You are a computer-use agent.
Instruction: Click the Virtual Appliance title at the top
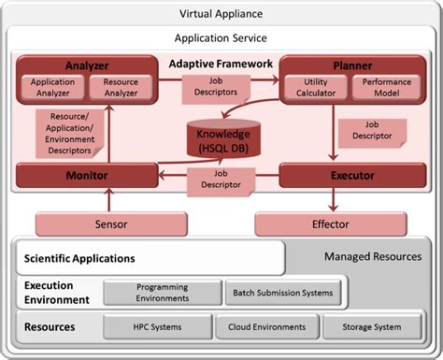click(221, 13)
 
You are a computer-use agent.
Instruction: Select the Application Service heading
click(221, 38)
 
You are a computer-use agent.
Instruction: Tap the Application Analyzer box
click(51, 88)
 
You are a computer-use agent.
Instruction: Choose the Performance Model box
click(380, 88)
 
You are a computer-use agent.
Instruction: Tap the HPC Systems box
click(157, 327)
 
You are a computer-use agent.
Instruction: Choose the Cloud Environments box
click(265, 327)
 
